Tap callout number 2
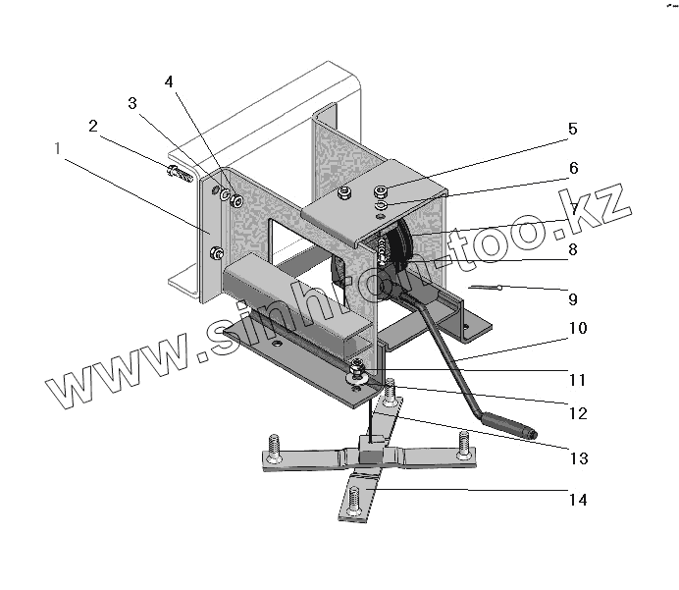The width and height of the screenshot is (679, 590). pyautogui.click(x=93, y=126)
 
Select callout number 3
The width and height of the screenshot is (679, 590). pyautogui.click(x=132, y=103)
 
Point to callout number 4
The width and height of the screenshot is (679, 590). pyautogui.click(x=169, y=82)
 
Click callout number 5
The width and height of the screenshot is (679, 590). pyautogui.click(x=571, y=130)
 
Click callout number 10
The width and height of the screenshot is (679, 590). pyautogui.click(x=577, y=328)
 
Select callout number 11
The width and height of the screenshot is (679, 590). pyautogui.click(x=577, y=378)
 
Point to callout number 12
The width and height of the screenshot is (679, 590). pyautogui.click(x=577, y=413)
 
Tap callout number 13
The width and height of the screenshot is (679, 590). pyautogui.click(x=577, y=456)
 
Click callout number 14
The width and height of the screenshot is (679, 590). pyautogui.click(x=577, y=500)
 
